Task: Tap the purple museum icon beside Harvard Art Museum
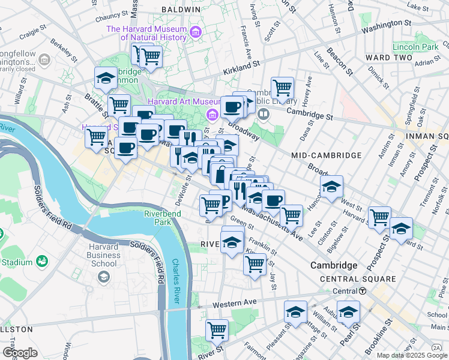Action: click(211, 114)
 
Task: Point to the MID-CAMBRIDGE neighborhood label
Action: click(327, 155)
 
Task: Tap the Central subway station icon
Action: click(363, 291)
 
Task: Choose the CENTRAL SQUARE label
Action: click(358, 279)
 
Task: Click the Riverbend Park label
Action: click(158, 218)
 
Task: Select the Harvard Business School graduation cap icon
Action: click(103, 277)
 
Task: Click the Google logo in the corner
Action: click(20, 352)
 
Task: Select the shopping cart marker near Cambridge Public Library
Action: click(282, 88)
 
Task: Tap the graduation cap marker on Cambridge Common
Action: click(106, 78)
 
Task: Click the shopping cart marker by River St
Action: click(217, 330)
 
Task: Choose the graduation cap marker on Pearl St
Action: click(348, 312)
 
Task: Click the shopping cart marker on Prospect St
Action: click(379, 218)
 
